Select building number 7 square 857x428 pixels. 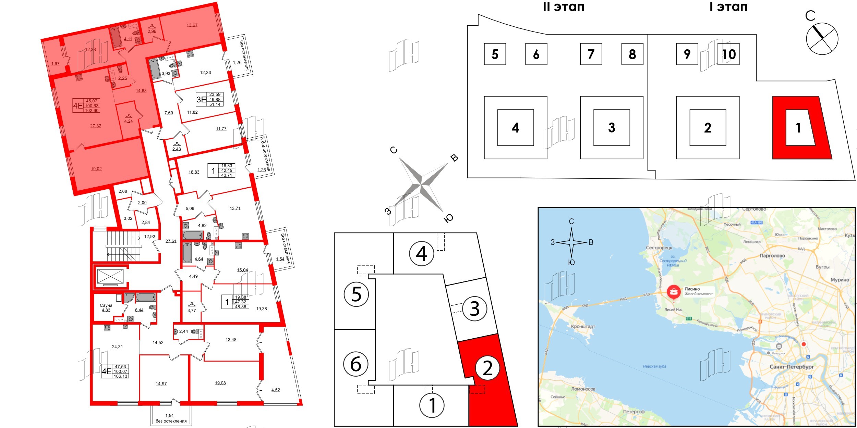click(x=591, y=54)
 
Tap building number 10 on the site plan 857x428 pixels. click(x=729, y=54)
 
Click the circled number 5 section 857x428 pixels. click(x=356, y=294)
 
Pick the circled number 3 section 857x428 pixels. click(x=474, y=309)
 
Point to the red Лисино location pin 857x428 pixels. click(x=674, y=292)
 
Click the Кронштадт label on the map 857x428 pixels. click(x=583, y=326)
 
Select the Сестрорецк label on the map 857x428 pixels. click(x=659, y=248)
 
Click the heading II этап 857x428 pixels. click(x=564, y=7)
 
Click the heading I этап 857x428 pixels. click(x=728, y=7)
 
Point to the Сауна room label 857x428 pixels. click(x=106, y=305)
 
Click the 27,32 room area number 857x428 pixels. click(x=96, y=126)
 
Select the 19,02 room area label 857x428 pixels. click(x=96, y=169)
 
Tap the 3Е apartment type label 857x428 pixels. click(x=201, y=100)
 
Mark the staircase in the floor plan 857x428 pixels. click(x=123, y=246)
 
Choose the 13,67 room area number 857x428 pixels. click(x=192, y=25)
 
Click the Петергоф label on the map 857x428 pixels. click(x=633, y=412)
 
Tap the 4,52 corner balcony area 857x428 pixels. click(x=276, y=390)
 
